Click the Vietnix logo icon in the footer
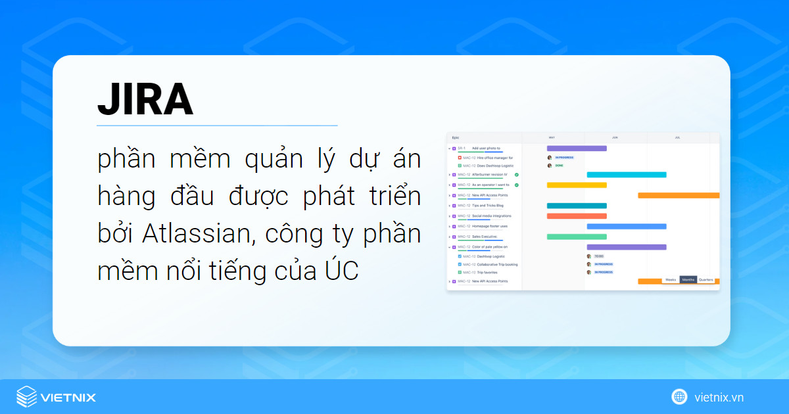coord(27,397)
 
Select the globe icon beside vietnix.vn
coord(679,397)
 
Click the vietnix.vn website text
coord(719,397)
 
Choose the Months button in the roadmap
coord(688,279)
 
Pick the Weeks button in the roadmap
coord(671,279)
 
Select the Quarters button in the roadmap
coord(705,279)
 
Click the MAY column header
coord(552,138)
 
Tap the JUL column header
coord(677,138)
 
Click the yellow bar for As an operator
coord(577,185)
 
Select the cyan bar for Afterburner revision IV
coord(626,175)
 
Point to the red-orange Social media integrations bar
coord(577,216)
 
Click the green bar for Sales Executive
coord(577,237)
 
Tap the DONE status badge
coord(559,166)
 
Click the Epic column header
coord(456,138)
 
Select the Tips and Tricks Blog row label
coord(487,206)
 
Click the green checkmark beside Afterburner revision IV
coord(517,175)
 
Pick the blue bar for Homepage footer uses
coord(626,226)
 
